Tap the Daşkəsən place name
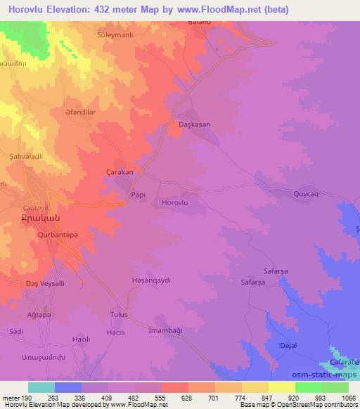coord(191,124)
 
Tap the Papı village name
coord(139,196)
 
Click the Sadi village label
coord(17,330)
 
